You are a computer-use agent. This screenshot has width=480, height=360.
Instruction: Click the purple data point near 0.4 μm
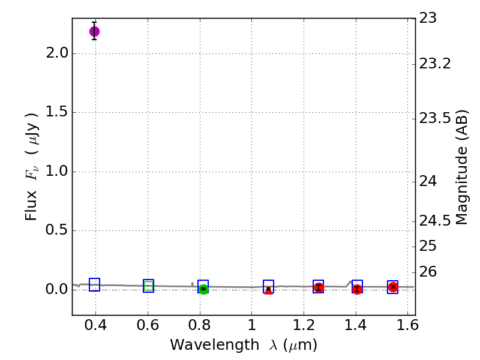[94, 31]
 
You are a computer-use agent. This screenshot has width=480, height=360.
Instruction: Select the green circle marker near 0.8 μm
[203, 289]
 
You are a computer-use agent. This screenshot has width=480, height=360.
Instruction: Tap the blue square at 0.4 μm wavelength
[94, 285]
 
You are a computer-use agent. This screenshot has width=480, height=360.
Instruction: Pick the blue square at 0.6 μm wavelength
[148, 286]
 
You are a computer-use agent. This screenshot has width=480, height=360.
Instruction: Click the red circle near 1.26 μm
[319, 287]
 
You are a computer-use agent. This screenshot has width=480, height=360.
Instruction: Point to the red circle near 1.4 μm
[357, 289]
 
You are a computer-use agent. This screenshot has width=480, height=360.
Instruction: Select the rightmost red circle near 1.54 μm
[393, 287]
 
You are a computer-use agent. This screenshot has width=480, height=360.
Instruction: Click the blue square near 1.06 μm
[268, 286]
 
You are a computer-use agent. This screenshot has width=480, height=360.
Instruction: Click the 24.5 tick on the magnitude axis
[434, 221]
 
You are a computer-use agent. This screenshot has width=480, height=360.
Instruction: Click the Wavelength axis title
[244, 346]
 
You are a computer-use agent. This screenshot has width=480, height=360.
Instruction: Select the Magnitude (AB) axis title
[462, 167]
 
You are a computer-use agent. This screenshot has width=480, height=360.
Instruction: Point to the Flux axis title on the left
[32, 166]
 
